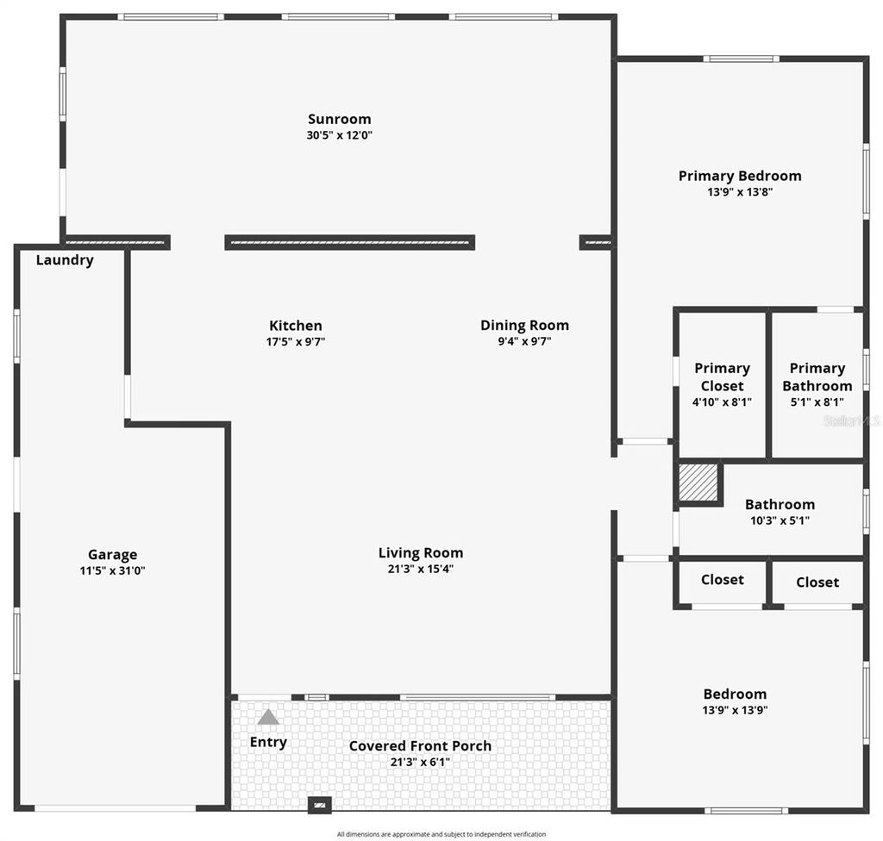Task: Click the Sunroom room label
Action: click(340, 120)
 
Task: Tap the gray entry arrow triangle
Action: click(268, 717)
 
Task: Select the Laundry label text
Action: click(65, 260)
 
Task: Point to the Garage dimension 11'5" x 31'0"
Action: click(112, 570)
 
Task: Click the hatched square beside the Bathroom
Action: click(698, 483)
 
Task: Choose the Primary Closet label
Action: click(722, 377)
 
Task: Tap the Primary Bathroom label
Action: click(817, 377)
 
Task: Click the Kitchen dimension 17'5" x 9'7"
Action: click(296, 342)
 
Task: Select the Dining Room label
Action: click(524, 326)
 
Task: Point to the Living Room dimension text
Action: click(421, 569)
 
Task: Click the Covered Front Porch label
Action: click(420, 746)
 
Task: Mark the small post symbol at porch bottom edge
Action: click(320, 806)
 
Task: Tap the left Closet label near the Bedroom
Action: click(722, 580)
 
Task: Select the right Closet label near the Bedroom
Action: click(817, 582)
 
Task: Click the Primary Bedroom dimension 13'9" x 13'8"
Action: click(740, 193)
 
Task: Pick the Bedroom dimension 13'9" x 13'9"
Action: click(735, 711)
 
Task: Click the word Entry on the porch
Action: click(268, 742)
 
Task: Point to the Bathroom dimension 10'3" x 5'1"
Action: click(780, 520)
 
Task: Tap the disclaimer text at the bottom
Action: click(441, 834)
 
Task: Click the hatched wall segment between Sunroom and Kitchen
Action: click(349, 243)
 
